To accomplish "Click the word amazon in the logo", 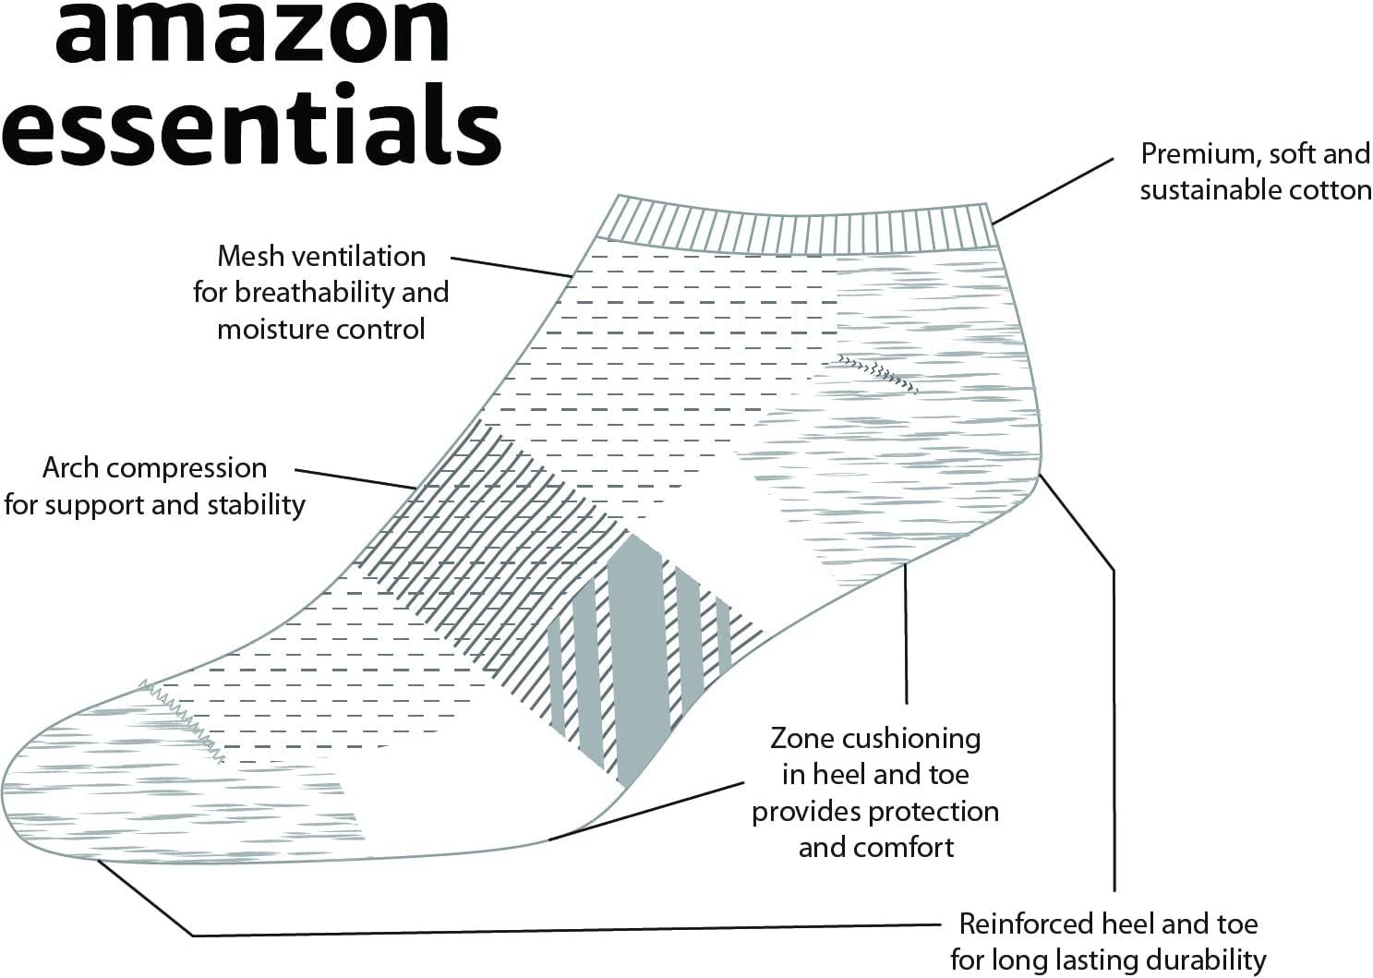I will coord(251,28).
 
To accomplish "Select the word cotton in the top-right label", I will coord(1327,190).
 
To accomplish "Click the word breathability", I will coord(317,293).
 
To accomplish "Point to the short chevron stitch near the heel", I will coord(877,371).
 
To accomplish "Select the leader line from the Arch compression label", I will coord(355,478).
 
